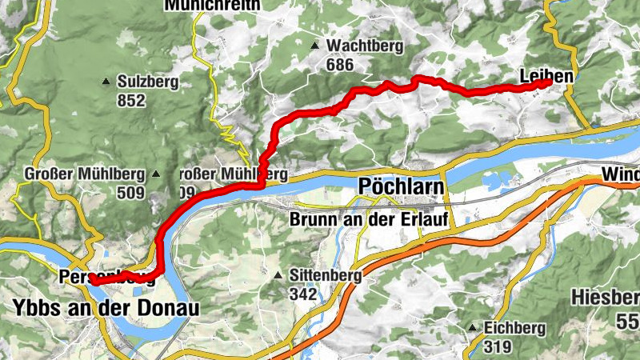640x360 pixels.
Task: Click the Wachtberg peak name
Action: tap(364, 46)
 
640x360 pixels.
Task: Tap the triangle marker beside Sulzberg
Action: tap(106, 82)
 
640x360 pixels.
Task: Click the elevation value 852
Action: tap(130, 100)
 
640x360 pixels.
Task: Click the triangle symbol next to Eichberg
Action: tap(473, 328)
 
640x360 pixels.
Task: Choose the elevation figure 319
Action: tap(497, 346)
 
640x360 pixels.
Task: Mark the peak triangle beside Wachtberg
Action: tap(316, 46)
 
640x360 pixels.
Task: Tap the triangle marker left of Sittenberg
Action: tap(278, 275)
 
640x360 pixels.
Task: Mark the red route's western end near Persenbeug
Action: tap(93, 281)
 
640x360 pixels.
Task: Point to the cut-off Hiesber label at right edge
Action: tap(606, 298)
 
